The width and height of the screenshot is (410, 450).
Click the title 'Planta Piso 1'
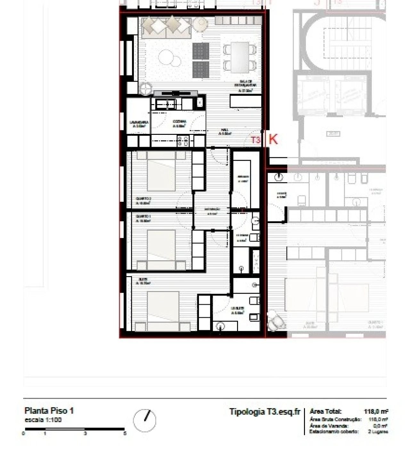[x=49, y=411]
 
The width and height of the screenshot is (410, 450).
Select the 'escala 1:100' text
[x=43, y=420]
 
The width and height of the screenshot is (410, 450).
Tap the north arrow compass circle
[x=144, y=420]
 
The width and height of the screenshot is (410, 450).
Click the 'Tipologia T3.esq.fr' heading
[x=265, y=412]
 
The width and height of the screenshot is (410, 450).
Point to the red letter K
[x=273, y=139]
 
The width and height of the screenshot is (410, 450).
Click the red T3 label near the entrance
[x=255, y=140]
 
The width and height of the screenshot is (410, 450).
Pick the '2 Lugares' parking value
[x=378, y=432]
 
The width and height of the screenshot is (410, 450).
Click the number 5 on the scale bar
[x=125, y=434]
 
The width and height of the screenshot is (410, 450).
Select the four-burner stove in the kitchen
[x=183, y=141]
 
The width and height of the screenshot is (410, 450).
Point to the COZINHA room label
[x=179, y=124]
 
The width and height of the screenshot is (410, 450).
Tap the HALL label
[x=224, y=132]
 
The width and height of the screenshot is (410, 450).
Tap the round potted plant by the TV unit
[x=146, y=88]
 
